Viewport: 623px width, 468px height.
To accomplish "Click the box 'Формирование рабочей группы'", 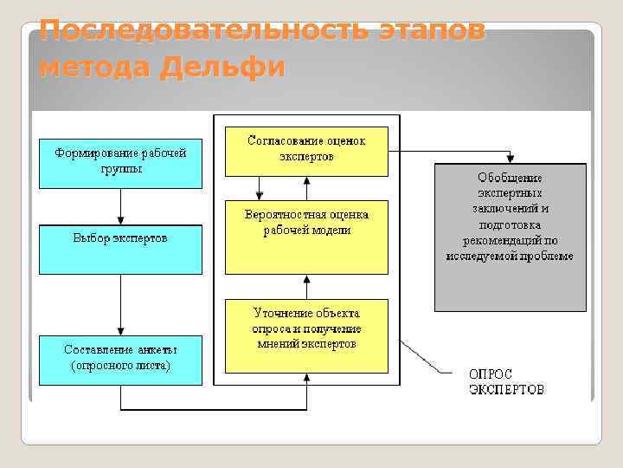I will (x=120, y=162).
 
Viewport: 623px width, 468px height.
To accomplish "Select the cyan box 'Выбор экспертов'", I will (x=120, y=250).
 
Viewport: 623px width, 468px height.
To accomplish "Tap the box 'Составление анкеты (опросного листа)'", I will (x=120, y=359).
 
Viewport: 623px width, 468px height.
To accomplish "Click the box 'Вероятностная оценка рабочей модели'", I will (x=307, y=236).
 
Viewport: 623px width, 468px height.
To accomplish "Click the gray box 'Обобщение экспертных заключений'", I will (x=510, y=237).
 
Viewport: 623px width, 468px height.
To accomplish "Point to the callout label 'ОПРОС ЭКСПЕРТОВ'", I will (x=507, y=381).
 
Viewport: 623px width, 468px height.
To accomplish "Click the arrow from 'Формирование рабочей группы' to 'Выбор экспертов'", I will (x=120, y=206).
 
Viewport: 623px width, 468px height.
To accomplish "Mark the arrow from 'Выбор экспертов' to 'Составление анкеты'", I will (x=120, y=305).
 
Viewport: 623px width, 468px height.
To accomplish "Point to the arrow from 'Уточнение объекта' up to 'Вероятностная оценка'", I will (x=307, y=286).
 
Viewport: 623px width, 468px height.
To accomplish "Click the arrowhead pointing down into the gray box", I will (x=510, y=159).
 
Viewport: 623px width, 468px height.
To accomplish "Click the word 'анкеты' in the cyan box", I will (x=157, y=349).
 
